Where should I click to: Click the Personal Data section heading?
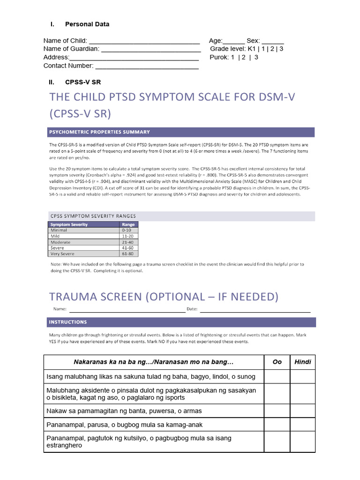pyautogui.click(x=87, y=24)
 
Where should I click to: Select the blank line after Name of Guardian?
pyautogui.click(x=151, y=49)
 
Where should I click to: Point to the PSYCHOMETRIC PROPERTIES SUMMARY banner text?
pyautogui.click(x=100, y=132)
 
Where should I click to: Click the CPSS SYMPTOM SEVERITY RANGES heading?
pyautogui.click(x=93, y=216)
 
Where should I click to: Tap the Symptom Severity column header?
pyautogui.click(x=69, y=225)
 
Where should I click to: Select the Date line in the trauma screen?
pyautogui.click(x=255, y=309)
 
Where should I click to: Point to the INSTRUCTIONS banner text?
pyautogui.click(x=68, y=322)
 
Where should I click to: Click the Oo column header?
pyautogui.click(x=277, y=362)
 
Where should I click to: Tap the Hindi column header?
pyautogui.click(x=302, y=362)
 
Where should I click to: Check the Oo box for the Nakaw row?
pyautogui.click(x=277, y=411)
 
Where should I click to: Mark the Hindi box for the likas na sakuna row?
pyautogui.click(x=302, y=377)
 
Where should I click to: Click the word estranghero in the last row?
pyautogui.click(x=64, y=445)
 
